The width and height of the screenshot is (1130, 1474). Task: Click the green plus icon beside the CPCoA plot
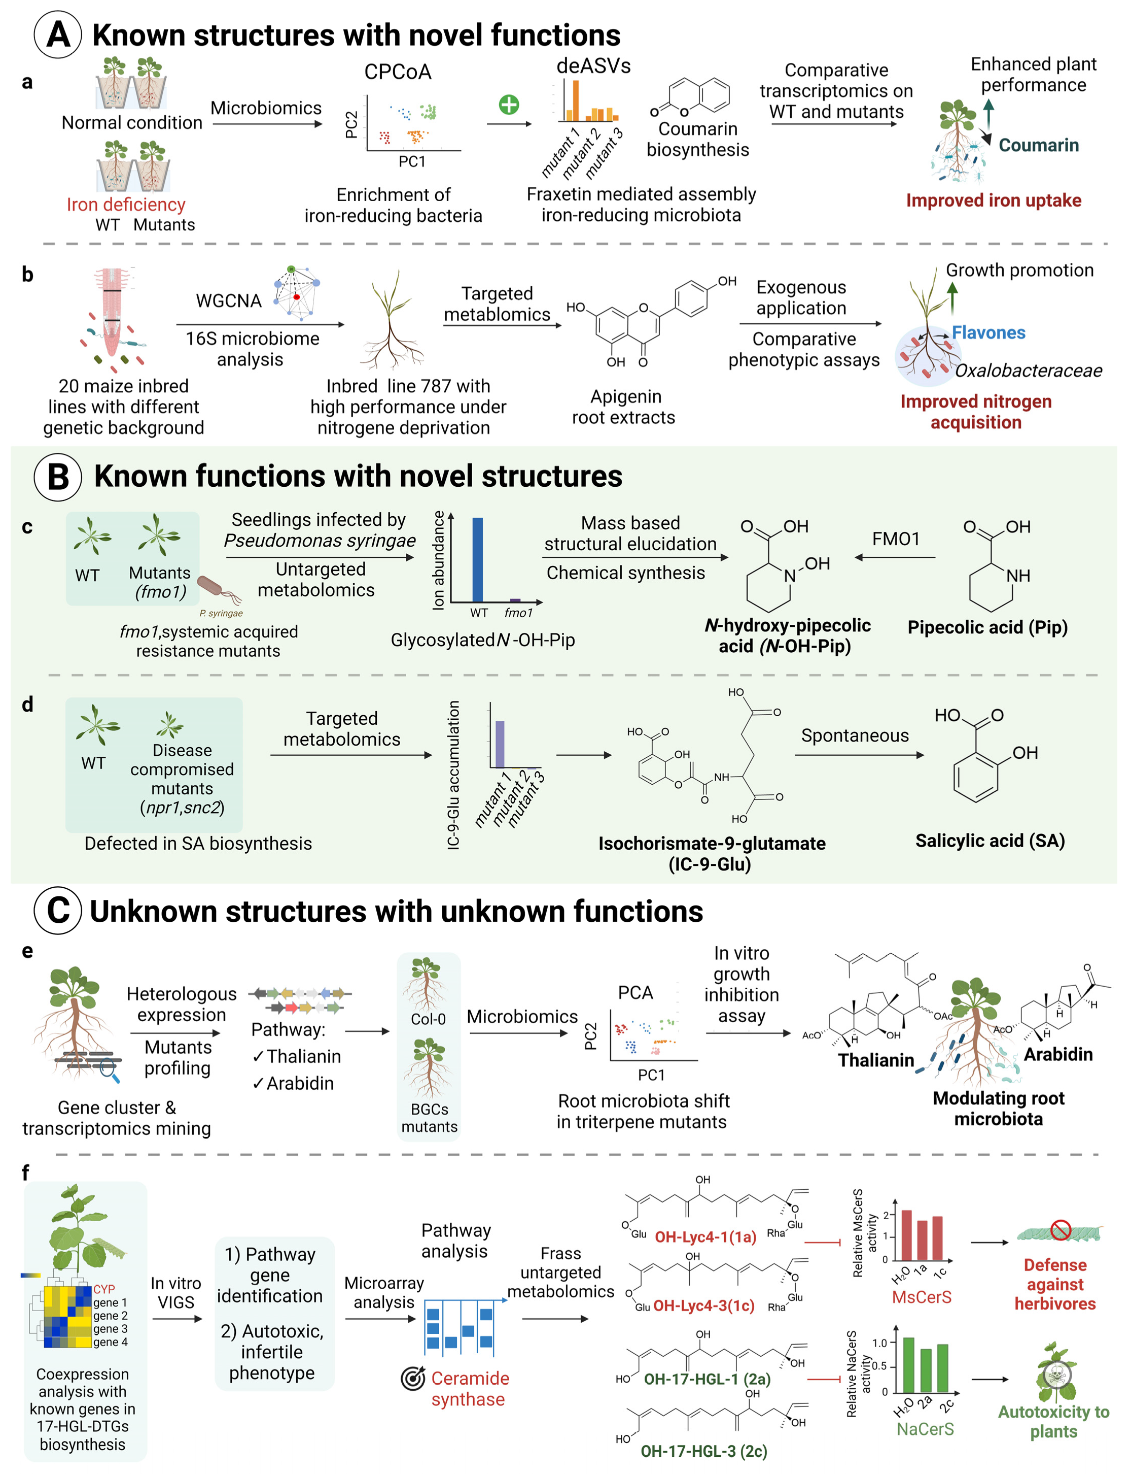[x=509, y=105]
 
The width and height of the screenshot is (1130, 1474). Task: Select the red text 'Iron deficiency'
[x=126, y=205]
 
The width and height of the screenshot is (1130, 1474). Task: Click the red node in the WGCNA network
[x=296, y=296]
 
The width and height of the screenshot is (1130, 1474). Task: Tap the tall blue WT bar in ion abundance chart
[x=478, y=559]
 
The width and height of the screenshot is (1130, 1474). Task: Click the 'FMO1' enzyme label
[x=895, y=539]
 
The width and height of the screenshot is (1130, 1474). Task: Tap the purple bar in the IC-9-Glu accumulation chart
[x=500, y=744]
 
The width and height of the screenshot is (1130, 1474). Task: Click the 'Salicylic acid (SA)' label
[x=990, y=841]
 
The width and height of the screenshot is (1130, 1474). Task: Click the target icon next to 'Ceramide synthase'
[x=413, y=1379]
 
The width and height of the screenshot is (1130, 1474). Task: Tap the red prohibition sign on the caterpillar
[x=1061, y=1230]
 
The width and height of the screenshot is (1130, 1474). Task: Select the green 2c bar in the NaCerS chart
[x=942, y=1368]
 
